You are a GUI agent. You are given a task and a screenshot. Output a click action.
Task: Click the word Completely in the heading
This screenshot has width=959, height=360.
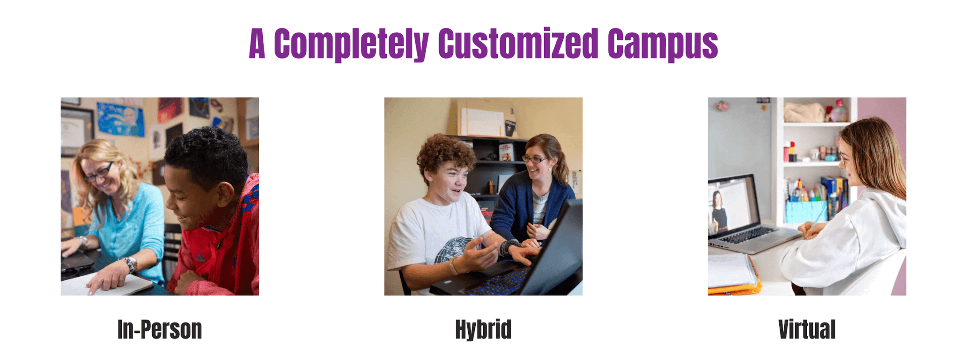click(351, 44)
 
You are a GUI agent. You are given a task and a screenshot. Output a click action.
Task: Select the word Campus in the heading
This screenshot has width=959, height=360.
click(663, 44)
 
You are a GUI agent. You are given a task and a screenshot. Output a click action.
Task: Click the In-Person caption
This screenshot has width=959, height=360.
click(160, 330)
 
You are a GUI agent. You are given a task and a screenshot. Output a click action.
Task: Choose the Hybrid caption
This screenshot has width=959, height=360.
click(483, 330)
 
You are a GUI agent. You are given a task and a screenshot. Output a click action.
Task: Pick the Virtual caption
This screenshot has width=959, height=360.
click(807, 330)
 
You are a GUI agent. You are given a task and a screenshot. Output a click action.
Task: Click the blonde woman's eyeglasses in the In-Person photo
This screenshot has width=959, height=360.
click(99, 172)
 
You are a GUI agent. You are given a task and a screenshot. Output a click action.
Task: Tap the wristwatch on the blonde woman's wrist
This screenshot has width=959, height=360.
click(131, 264)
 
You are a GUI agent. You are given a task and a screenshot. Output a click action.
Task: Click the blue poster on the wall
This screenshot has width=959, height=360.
click(121, 119)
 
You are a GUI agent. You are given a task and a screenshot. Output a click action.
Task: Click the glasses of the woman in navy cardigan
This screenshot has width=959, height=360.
click(534, 160)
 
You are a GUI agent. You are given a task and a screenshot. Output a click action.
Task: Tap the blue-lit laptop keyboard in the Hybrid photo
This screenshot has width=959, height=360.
click(500, 280)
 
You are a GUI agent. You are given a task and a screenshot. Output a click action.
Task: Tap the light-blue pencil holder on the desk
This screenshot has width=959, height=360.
click(806, 212)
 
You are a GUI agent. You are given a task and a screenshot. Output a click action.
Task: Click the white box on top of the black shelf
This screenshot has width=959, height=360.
click(482, 122)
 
